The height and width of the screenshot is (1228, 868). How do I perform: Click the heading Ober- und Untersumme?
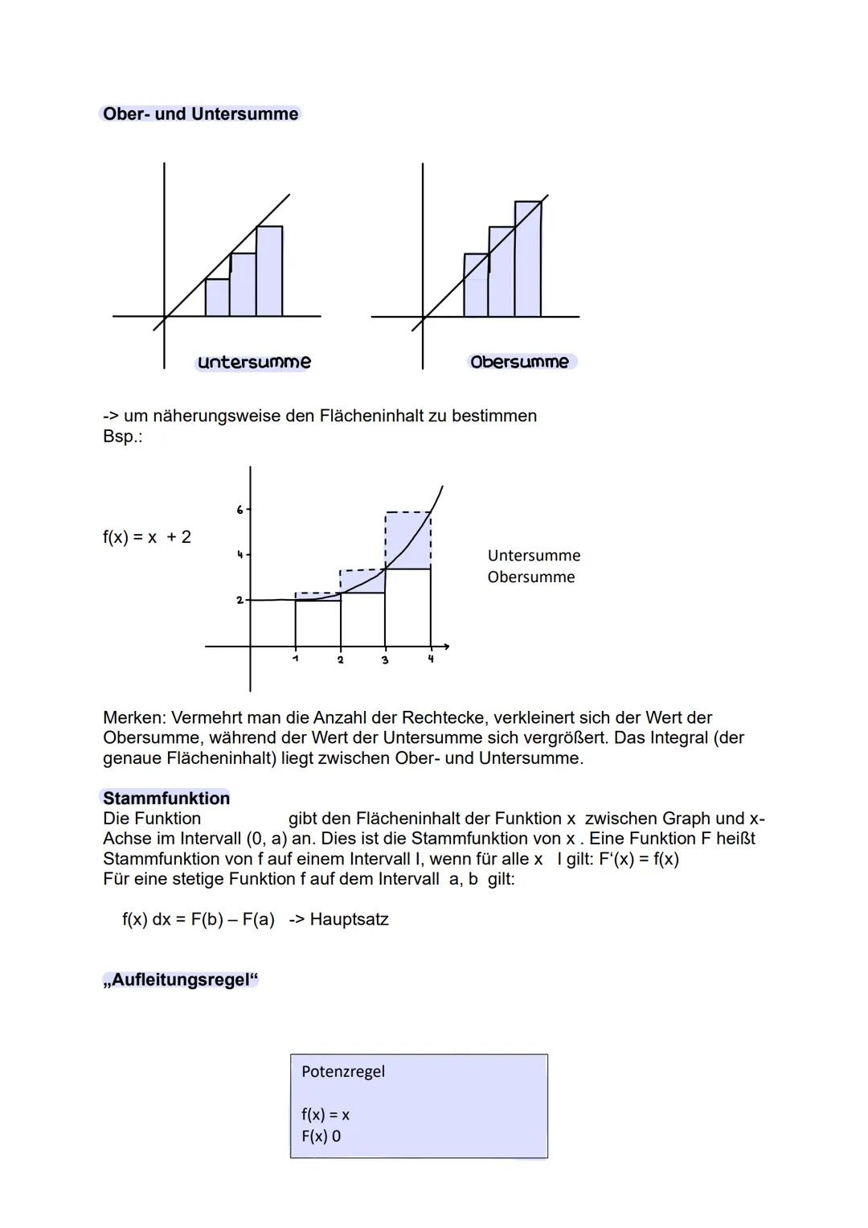coord(200,114)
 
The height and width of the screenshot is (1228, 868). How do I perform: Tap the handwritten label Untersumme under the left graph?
coord(254,363)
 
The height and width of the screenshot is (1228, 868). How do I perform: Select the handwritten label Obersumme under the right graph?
coord(520,363)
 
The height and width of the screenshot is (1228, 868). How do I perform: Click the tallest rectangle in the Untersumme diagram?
coord(269,272)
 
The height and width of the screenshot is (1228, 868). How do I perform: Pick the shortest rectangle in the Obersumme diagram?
coord(476,286)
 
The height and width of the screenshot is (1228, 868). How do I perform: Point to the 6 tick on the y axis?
coord(240,510)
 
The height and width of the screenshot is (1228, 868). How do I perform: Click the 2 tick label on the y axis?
coord(240,600)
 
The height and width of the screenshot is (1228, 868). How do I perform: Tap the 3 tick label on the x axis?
coord(385,660)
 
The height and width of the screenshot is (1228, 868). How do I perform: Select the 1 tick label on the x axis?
coord(295,659)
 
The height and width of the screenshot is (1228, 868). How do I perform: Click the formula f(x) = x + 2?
coord(147,537)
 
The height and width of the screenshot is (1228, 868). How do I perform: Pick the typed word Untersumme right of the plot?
coord(534,556)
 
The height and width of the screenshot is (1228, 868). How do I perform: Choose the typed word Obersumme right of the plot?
coord(531,577)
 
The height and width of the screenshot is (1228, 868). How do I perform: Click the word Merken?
coord(133,717)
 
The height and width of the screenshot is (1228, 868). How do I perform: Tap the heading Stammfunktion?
coord(166,799)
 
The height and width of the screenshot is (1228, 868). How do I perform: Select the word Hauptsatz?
coord(349,919)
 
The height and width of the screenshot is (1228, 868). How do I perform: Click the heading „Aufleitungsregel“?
coord(181,980)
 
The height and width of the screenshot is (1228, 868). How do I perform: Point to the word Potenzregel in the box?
coord(343,1072)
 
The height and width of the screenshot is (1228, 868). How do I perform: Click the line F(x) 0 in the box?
coord(321,1136)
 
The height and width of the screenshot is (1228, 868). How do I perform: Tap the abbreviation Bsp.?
coord(122,437)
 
